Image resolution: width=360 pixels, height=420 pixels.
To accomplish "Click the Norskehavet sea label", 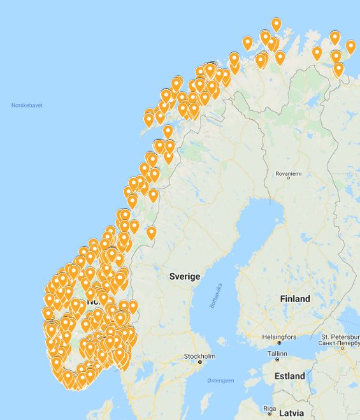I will click(x=27, y=105).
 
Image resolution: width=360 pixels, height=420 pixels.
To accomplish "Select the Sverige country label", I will click(x=185, y=276).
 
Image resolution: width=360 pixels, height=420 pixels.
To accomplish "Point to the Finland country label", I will click(x=295, y=298).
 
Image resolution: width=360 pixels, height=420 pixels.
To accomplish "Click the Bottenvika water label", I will click(x=217, y=296).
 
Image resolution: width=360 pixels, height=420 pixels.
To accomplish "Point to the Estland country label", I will click(x=290, y=376).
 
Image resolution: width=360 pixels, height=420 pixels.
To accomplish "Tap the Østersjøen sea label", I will click(x=220, y=380).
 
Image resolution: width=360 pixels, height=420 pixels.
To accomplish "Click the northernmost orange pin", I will click(x=276, y=24).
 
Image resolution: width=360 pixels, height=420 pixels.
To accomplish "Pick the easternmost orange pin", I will click(x=350, y=47).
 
